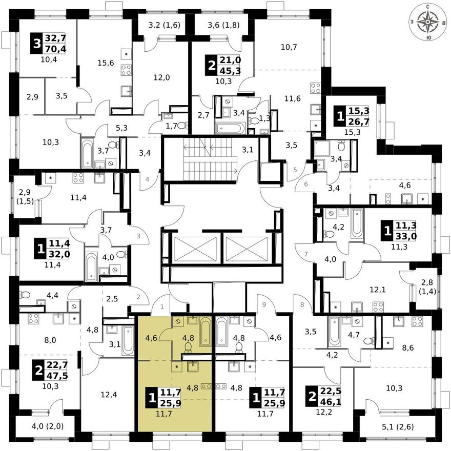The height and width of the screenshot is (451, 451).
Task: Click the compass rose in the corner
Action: (x=428, y=22)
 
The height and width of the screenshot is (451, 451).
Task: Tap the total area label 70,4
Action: (x=55, y=49)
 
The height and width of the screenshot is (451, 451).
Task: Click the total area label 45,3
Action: (x=231, y=71)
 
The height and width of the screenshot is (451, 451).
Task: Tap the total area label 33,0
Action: (x=406, y=236)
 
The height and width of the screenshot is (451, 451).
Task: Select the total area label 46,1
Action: (x=331, y=402)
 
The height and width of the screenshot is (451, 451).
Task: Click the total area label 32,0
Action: (x=59, y=255)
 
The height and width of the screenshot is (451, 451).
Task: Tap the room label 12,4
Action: (x=109, y=395)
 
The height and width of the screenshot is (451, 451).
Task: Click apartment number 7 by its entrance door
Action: (x=306, y=254)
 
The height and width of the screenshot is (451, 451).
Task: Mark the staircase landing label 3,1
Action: (x=248, y=150)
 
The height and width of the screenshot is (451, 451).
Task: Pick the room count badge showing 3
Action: (x=36, y=44)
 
